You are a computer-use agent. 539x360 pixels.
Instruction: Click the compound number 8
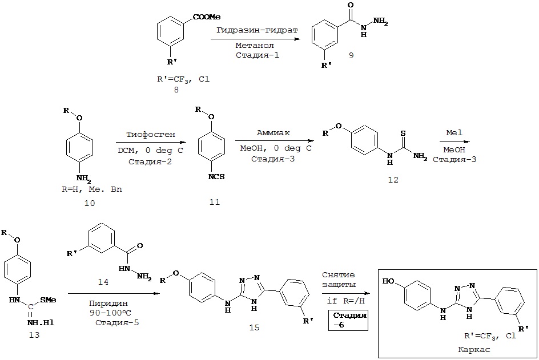click(184, 90)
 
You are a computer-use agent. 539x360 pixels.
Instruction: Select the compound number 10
click(90, 203)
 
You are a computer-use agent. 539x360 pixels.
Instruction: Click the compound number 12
click(393, 180)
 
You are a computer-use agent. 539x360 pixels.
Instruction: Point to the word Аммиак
click(274, 132)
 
